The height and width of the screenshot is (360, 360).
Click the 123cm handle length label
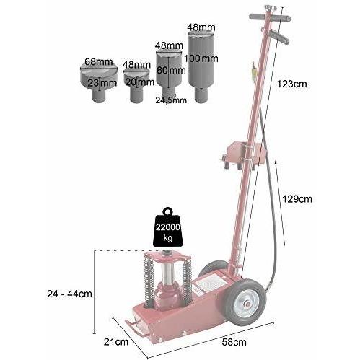pos(292,84)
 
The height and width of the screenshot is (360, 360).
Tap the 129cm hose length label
pos(297,199)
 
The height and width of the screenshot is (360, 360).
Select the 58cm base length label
pos(234,342)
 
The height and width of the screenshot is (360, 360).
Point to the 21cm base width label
pos(116,342)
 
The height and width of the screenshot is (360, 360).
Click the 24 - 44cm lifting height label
pos(69,294)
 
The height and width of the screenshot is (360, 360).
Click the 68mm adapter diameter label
pos(99,62)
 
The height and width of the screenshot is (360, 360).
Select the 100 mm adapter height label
pos(201,58)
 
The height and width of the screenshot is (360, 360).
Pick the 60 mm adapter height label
pos(171,70)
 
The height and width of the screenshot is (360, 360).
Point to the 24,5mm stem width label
pos(171,100)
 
